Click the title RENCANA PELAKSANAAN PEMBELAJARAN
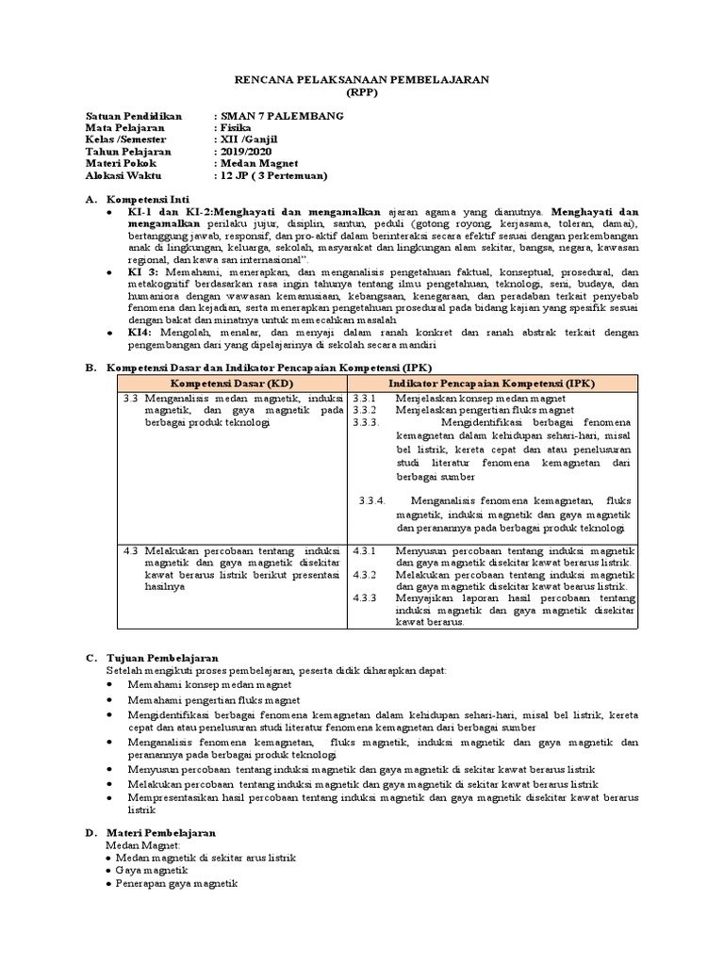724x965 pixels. [x=361, y=80]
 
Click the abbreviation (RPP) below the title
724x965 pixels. [x=361, y=93]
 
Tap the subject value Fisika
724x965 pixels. [x=232, y=128]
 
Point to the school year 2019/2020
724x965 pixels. [x=245, y=152]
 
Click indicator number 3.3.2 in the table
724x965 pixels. [x=364, y=411]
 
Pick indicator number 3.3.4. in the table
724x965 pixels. [x=372, y=500]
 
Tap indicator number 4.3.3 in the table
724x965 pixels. [x=364, y=597]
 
